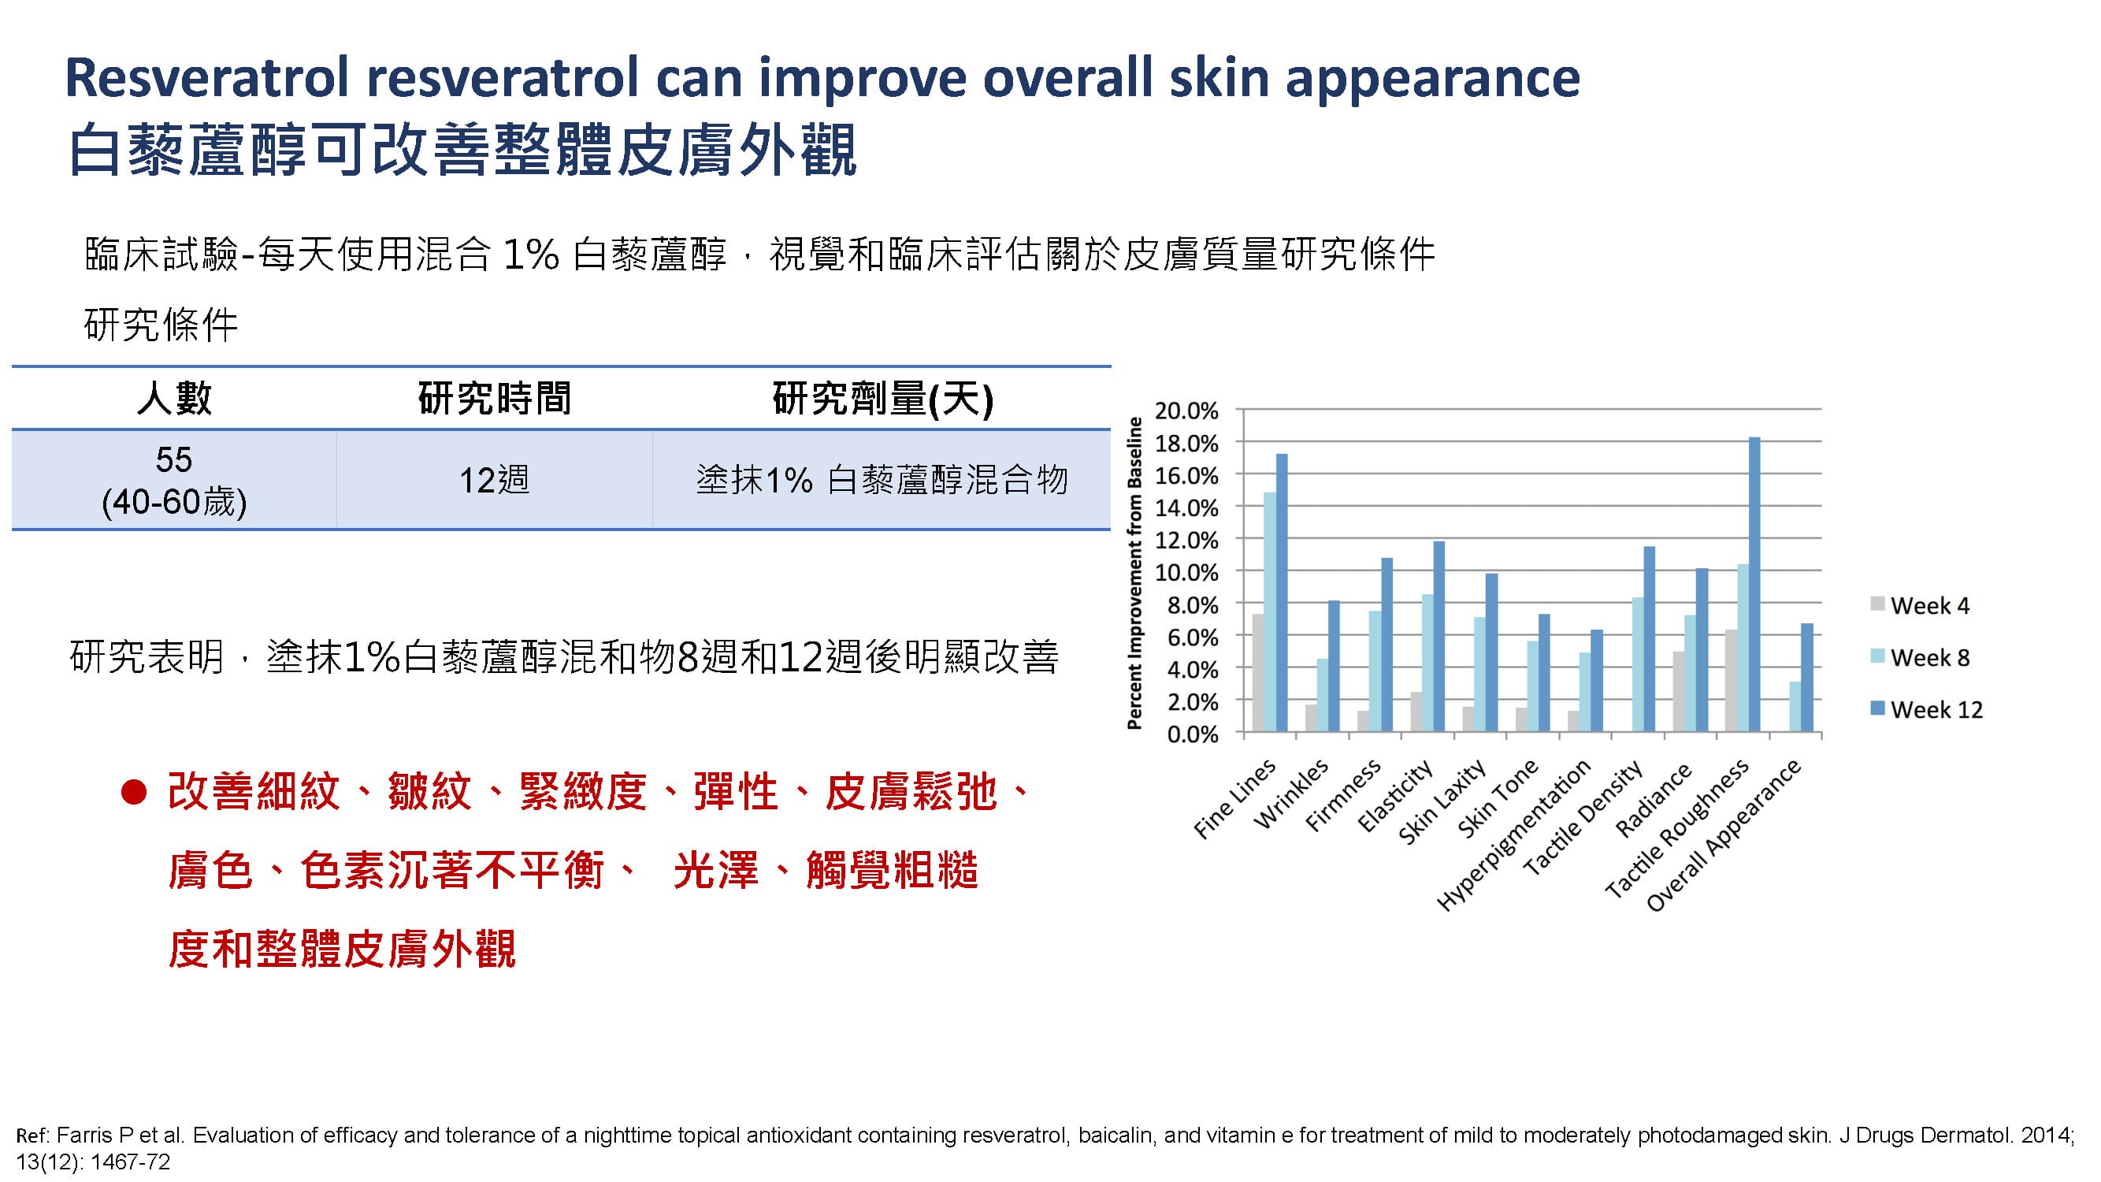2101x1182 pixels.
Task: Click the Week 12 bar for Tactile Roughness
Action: (1754, 584)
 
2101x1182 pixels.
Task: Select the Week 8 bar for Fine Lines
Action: (1270, 611)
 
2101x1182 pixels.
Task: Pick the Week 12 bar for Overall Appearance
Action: (1806, 677)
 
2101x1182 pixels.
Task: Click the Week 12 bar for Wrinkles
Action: (1334, 666)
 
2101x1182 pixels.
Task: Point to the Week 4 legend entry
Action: (1920, 605)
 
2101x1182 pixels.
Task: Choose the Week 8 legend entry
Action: (1920, 657)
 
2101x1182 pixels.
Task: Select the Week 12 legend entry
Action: (1926, 710)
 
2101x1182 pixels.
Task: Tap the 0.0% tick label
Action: (1193, 734)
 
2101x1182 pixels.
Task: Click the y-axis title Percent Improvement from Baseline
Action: (1134, 573)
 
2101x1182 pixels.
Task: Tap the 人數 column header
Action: (175, 399)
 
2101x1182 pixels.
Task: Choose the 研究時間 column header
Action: (494, 399)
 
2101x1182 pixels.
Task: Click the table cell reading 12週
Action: (494, 480)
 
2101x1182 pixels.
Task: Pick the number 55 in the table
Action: (174, 460)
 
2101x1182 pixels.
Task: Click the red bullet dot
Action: (134, 792)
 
